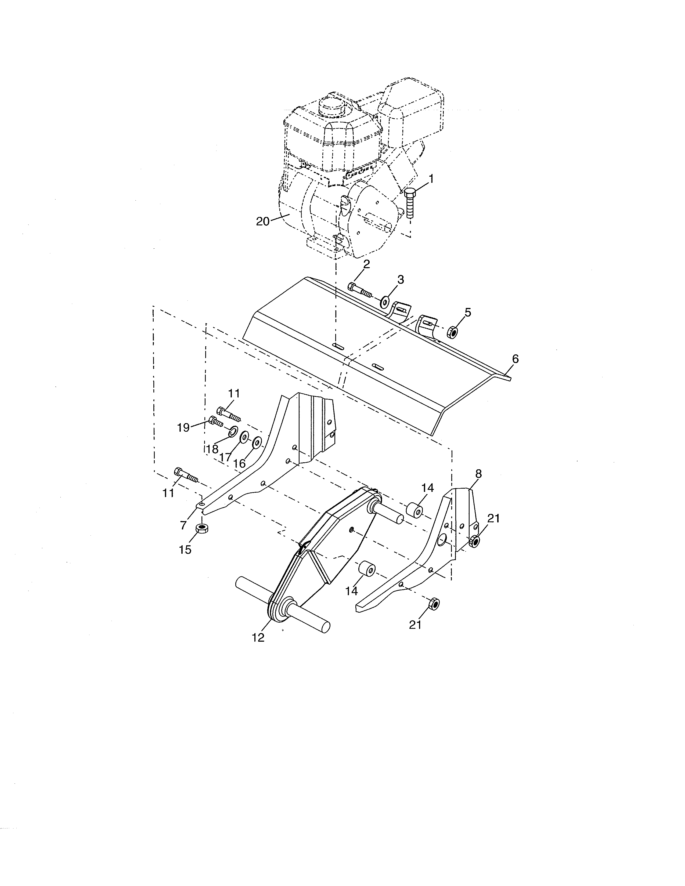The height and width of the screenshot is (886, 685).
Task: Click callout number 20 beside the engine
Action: coord(262,221)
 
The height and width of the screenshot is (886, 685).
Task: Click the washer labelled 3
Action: coord(384,302)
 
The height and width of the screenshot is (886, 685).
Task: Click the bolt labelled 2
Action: coord(359,292)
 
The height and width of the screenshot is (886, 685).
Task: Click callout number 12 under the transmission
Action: coord(258,638)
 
